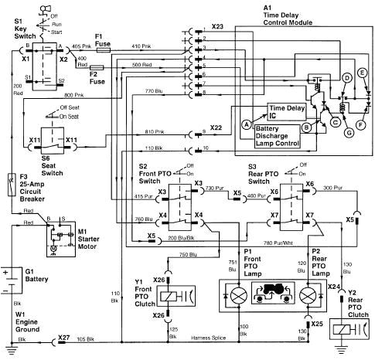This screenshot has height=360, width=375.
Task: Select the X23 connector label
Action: click(x=217, y=27)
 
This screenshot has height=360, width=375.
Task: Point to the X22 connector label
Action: click(x=217, y=126)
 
